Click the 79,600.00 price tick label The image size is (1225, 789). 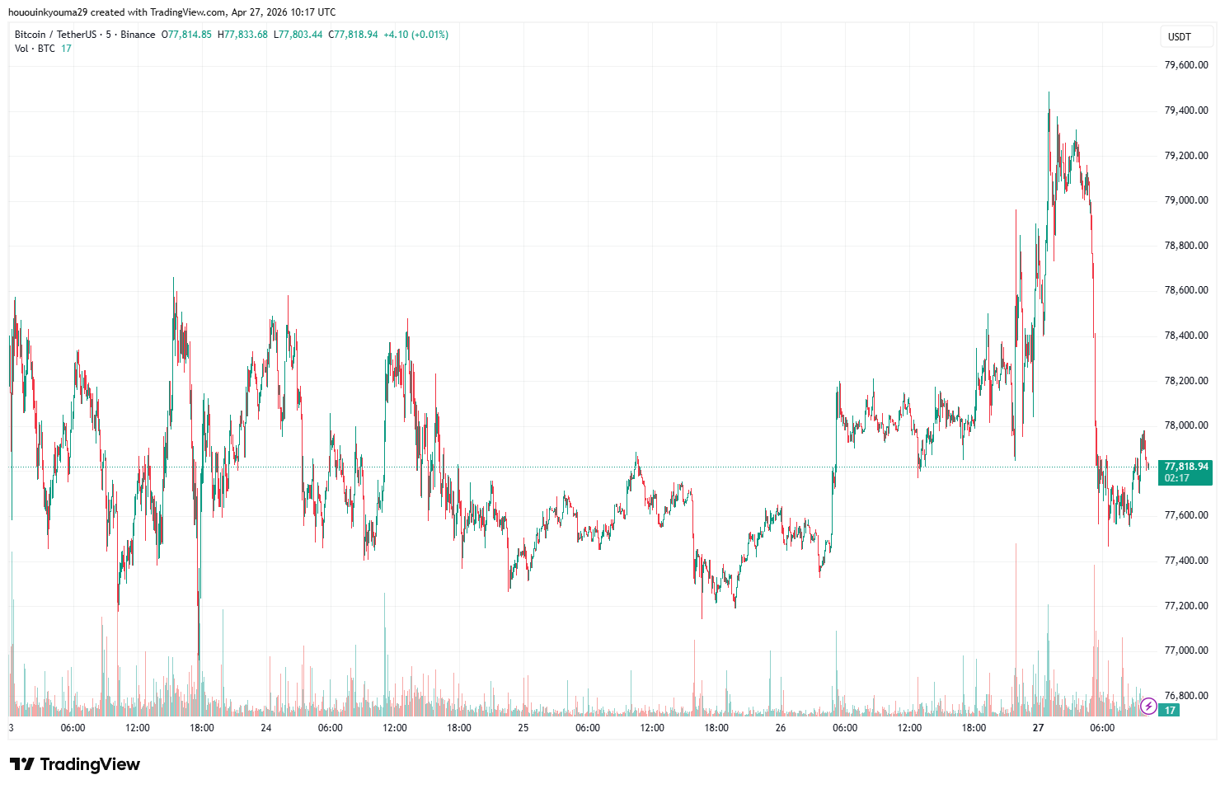pyautogui.click(x=1185, y=65)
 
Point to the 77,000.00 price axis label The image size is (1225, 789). pyautogui.click(x=1185, y=650)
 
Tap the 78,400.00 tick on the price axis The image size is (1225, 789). pyautogui.click(x=1185, y=336)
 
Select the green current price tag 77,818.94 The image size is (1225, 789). pyautogui.click(x=1185, y=467)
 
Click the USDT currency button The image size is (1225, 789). pyautogui.click(x=1180, y=37)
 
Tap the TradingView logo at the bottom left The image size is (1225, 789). pyautogui.click(x=74, y=764)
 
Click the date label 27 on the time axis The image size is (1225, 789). pyautogui.click(x=1038, y=728)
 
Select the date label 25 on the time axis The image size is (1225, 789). pyautogui.click(x=523, y=728)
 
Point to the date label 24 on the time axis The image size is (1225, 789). pyautogui.click(x=266, y=728)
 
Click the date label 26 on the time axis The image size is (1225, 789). pyautogui.click(x=781, y=728)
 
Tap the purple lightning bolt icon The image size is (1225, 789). pyautogui.click(x=1148, y=707)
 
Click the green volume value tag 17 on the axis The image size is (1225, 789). pyautogui.click(x=1170, y=710)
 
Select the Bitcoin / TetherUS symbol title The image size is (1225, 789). pyautogui.click(x=55, y=35)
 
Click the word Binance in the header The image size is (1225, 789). pyautogui.click(x=138, y=35)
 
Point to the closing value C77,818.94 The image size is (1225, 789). pyautogui.click(x=353, y=35)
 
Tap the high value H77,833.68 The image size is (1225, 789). pyautogui.click(x=242, y=35)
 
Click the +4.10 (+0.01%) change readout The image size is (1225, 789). pyautogui.click(x=415, y=35)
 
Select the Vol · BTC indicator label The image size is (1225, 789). pyautogui.click(x=35, y=49)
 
